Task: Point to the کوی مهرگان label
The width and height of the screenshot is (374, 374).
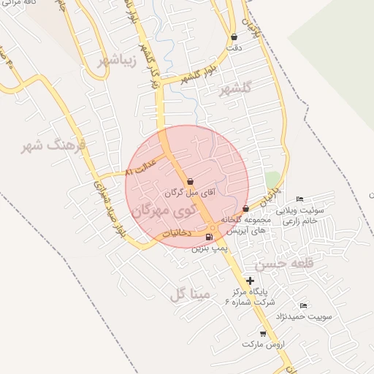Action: pos(165,210)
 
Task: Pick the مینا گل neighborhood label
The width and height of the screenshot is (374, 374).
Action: pos(190,294)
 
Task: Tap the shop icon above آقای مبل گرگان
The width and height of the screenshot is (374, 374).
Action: pos(190,181)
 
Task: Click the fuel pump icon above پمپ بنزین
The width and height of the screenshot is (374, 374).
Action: pos(210,237)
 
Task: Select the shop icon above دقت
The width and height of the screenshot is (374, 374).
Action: pos(234,37)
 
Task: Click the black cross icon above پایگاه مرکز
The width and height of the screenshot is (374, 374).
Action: pos(251,280)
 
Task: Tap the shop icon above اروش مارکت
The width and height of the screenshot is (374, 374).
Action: pos(263,334)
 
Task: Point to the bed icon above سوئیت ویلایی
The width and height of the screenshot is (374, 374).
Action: pos(299,199)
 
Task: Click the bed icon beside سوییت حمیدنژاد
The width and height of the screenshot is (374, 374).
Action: pos(303,305)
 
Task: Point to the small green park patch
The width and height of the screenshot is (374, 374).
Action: pos(272,180)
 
